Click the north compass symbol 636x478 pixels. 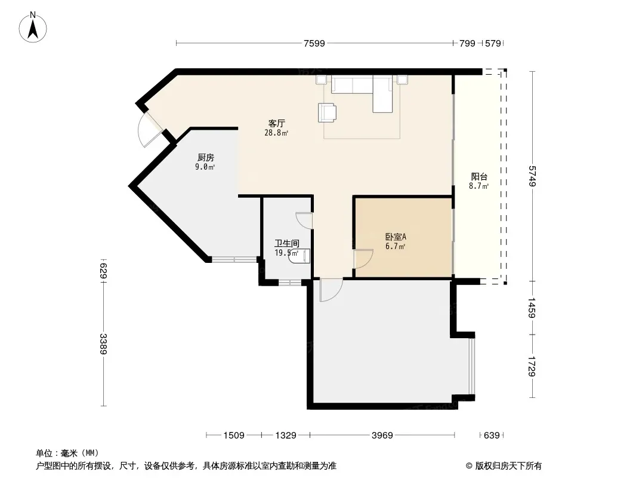click(x=33, y=27)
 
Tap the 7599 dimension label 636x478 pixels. click(x=314, y=43)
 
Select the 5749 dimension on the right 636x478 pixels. click(x=532, y=176)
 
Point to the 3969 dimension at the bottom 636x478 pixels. click(x=382, y=436)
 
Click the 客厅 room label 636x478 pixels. click(x=277, y=123)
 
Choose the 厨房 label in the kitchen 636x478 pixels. click(x=206, y=157)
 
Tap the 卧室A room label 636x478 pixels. click(x=396, y=237)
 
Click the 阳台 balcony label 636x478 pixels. click(x=479, y=177)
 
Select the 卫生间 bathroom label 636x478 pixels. click(x=287, y=243)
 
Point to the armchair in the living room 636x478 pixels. click(x=327, y=112)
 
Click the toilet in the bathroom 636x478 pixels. click(x=301, y=257)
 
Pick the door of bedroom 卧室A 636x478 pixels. click(x=363, y=259)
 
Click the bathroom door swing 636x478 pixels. click(x=304, y=221)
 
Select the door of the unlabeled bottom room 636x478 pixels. click(x=331, y=290)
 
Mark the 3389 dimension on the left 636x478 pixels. click(x=104, y=344)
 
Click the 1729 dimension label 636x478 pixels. click(x=532, y=366)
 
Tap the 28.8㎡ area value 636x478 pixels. click(x=276, y=133)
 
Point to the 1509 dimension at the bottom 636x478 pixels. click(x=234, y=436)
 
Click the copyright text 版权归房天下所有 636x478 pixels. click(x=508, y=466)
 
